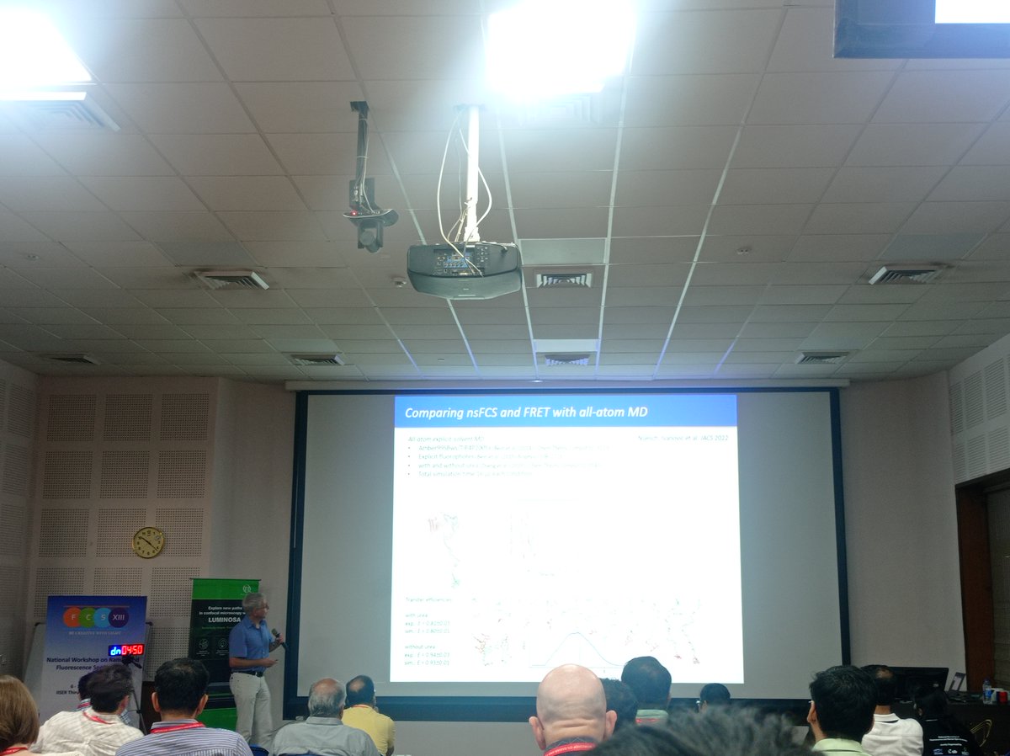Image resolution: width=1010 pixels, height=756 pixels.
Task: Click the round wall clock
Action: pos(148,542)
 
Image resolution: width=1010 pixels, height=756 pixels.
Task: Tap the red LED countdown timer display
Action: pos(126,649)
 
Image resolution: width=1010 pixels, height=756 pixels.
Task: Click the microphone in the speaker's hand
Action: pos(278,638)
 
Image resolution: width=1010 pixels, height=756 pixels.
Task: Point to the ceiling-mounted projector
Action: pos(464,269)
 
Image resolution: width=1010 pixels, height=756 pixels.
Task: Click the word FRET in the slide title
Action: pos(551,412)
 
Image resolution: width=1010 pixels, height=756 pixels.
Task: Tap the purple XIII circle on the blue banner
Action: pos(119,616)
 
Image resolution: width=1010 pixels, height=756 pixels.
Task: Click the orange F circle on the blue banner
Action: pos(72,616)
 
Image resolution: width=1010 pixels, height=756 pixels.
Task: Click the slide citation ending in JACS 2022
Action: pos(682,439)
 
